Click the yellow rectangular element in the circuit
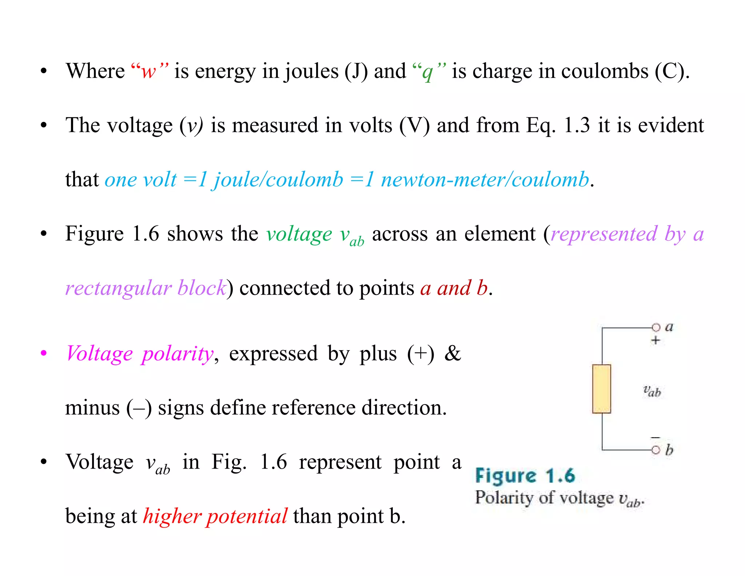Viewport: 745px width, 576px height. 601,389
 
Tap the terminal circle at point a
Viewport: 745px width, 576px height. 656,327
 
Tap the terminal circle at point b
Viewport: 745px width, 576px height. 656,450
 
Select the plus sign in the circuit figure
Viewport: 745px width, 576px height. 656,341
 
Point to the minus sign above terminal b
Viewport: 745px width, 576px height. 655,437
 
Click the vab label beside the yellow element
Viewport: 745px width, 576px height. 652,391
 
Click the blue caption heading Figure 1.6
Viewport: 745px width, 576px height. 525,476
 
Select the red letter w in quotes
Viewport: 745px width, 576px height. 149,71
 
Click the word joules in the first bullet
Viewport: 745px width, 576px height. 311,71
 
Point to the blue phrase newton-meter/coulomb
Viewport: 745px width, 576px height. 485,179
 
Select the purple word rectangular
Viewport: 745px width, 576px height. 118,288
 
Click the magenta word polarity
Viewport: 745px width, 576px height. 178,354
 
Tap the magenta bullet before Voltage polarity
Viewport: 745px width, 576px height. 44,353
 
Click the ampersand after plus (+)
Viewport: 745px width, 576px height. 453,353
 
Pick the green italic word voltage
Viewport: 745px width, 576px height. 299,234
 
